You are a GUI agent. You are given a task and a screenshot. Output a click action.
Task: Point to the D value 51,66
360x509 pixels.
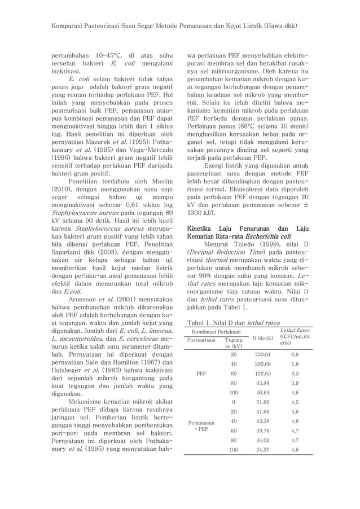(263, 402)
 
